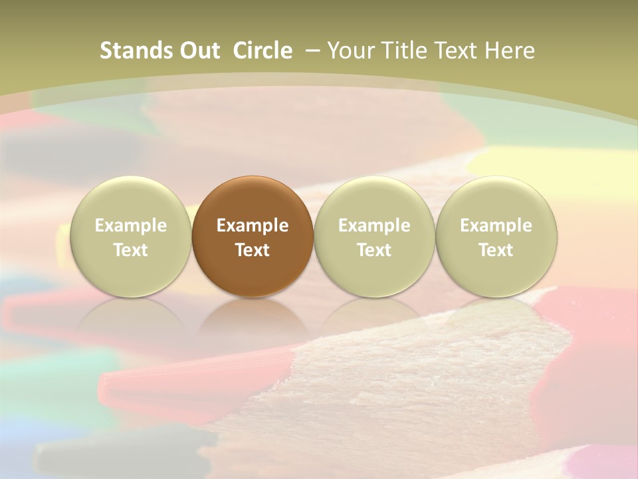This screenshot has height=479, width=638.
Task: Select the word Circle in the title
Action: (x=263, y=51)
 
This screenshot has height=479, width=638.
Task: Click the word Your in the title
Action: (x=349, y=51)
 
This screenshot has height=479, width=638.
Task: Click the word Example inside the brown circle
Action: (x=253, y=226)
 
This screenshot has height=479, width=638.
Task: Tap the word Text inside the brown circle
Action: (x=253, y=250)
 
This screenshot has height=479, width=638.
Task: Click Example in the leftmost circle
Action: (x=131, y=226)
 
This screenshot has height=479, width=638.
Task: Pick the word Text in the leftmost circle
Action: (x=131, y=250)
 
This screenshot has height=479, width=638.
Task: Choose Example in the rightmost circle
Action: (x=496, y=226)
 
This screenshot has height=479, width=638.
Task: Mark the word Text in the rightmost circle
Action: (x=496, y=250)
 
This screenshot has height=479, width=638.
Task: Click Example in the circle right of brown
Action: (x=374, y=226)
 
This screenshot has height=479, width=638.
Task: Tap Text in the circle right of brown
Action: (x=374, y=250)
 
